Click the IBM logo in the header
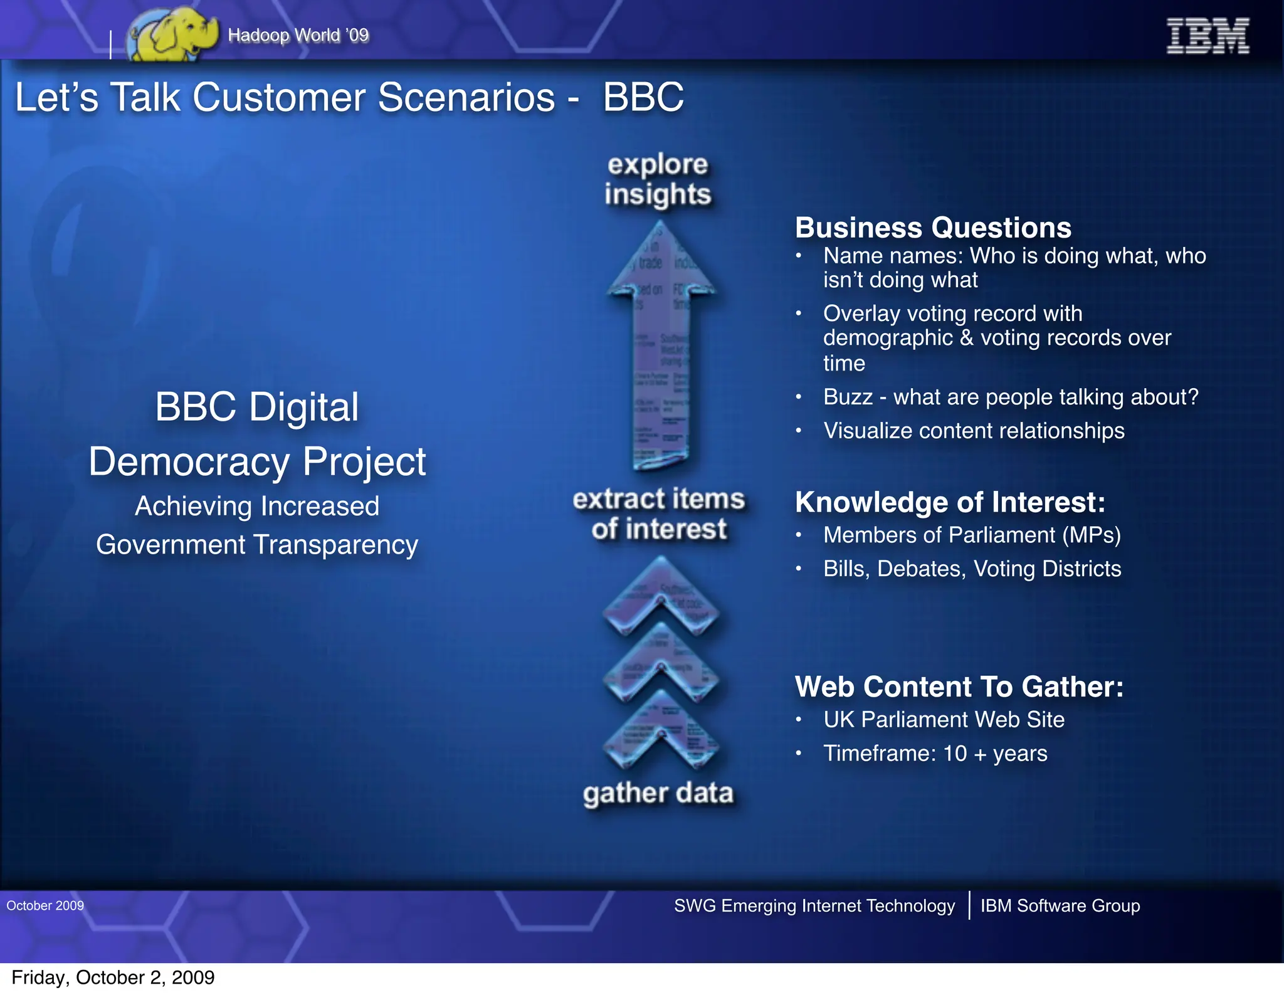(x=1207, y=36)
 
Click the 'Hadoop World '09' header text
(x=298, y=35)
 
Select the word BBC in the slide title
(x=643, y=98)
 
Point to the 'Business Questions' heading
(x=933, y=228)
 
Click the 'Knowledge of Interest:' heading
(x=950, y=502)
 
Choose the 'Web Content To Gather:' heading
(x=959, y=687)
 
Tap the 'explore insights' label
(x=658, y=179)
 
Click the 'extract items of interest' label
(x=659, y=513)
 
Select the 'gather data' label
(x=658, y=793)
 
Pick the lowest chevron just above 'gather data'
(x=661, y=730)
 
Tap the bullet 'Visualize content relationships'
(x=974, y=431)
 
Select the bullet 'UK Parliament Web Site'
(x=944, y=720)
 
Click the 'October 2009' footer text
(x=45, y=905)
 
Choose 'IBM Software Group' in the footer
(x=1060, y=905)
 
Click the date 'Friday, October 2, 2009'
(x=113, y=977)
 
